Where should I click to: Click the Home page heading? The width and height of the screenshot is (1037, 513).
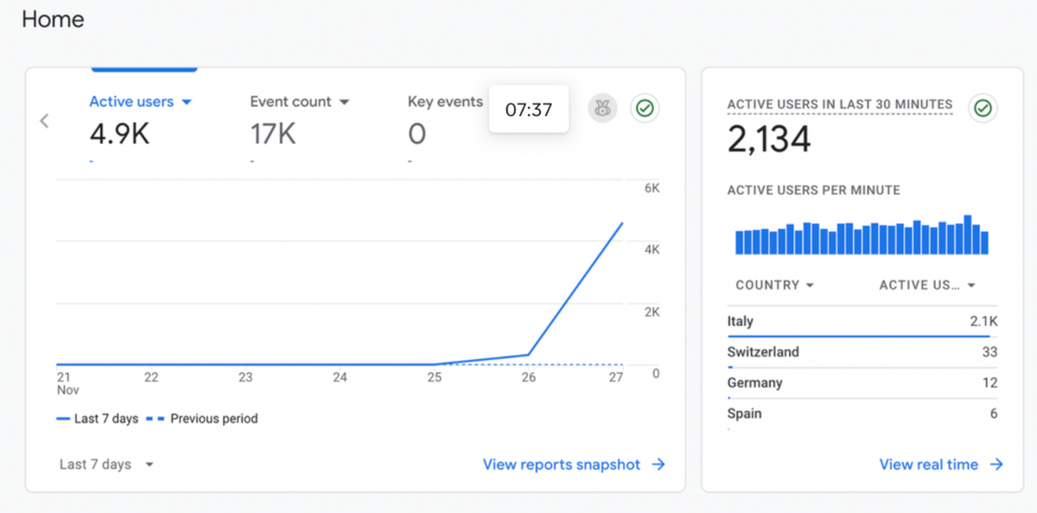(x=53, y=19)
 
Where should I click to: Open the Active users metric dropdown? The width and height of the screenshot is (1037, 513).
(x=187, y=102)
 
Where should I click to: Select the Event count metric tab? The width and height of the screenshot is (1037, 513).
(x=299, y=101)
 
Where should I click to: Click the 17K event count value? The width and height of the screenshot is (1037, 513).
(x=273, y=134)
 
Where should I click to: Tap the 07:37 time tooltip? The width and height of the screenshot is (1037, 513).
(x=529, y=109)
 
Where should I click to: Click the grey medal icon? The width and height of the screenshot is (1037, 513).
(x=602, y=108)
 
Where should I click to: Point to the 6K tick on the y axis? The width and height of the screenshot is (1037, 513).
(x=652, y=188)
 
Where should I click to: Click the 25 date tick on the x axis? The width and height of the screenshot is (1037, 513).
(x=434, y=377)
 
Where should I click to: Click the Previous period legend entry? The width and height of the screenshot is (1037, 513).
(x=202, y=419)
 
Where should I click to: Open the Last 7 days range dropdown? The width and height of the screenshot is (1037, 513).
(x=106, y=465)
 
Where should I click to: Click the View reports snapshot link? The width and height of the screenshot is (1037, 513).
(x=574, y=465)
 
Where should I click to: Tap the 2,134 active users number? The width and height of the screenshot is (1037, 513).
(x=769, y=138)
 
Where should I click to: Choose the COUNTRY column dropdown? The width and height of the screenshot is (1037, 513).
(x=774, y=285)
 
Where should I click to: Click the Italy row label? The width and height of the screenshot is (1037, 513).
(x=741, y=321)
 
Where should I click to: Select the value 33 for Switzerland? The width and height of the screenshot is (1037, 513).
(x=989, y=352)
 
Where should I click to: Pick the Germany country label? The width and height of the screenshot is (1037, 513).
(x=754, y=382)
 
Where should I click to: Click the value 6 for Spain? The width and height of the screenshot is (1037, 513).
(x=994, y=414)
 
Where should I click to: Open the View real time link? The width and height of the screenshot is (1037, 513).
(x=941, y=465)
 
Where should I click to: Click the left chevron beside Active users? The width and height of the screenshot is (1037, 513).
(x=44, y=121)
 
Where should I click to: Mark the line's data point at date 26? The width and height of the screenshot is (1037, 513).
(x=528, y=355)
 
